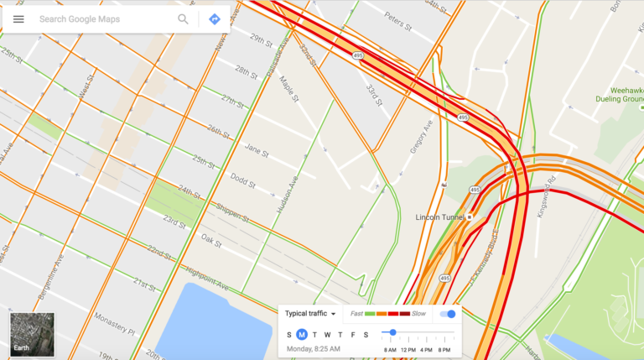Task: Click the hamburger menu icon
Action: [x=18, y=18]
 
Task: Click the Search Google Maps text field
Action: [x=101, y=18]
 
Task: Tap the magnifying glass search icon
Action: [x=183, y=18]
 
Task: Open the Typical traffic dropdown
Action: [x=310, y=314]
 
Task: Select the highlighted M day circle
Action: [x=302, y=335]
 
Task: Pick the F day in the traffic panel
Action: [x=353, y=335]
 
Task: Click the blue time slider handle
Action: [x=393, y=333]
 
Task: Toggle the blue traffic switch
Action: [x=449, y=314]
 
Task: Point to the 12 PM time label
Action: [x=408, y=348]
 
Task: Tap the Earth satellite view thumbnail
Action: [x=32, y=335]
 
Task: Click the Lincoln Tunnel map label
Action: [x=441, y=217]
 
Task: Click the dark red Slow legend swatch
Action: [x=405, y=314]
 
